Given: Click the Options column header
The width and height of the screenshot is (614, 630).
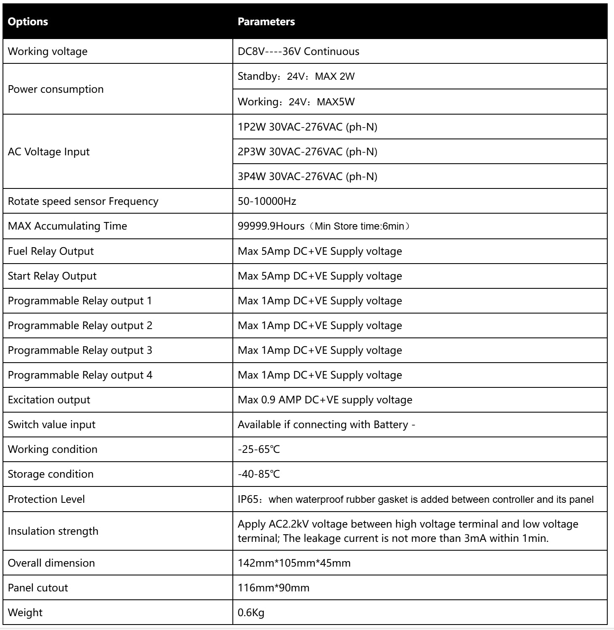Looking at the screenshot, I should tap(28, 22).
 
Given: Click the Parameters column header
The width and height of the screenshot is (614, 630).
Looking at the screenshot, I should tap(266, 22).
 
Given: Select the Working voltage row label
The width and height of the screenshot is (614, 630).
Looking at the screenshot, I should tap(48, 52).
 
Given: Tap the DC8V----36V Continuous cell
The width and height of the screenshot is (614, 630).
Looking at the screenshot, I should tap(298, 52).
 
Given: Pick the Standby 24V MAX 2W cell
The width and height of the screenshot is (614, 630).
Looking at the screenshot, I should tap(296, 76).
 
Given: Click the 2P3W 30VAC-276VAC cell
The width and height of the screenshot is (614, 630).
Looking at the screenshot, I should tap(307, 152).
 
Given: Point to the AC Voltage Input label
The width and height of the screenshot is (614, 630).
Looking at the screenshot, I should tap(49, 152).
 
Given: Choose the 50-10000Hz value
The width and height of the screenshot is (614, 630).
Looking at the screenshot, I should tap(267, 201).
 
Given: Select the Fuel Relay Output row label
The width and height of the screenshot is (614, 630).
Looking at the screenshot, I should tap(51, 251).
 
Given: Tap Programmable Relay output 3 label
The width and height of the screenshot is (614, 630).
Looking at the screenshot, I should tap(80, 350).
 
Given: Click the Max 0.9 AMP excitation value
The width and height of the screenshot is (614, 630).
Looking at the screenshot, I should tap(325, 400).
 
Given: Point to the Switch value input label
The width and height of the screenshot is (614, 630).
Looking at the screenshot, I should tap(52, 424).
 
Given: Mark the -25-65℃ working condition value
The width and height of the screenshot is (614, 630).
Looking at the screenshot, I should tap(258, 450).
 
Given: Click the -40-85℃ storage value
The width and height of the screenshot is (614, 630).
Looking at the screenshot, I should tap(258, 474).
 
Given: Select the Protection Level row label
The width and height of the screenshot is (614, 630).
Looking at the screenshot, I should tap(46, 499).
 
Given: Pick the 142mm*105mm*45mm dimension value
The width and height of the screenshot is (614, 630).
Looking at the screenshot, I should tap(294, 563).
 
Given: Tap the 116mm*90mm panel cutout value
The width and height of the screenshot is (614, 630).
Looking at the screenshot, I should tap(274, 588).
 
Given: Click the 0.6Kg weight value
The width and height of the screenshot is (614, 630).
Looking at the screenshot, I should tap(251, 612).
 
